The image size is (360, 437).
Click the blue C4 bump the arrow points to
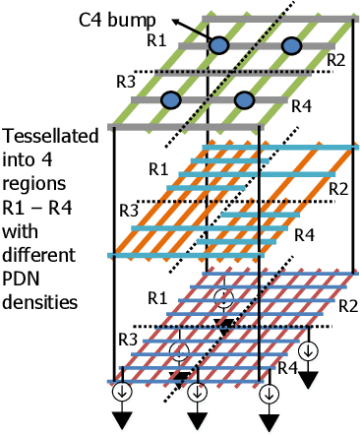(x=219, y=45)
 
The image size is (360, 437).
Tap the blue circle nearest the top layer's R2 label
(x=291, y=45)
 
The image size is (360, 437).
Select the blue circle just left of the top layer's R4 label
(x=244, y=99)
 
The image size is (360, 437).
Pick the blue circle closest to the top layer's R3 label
(x=171, y=99)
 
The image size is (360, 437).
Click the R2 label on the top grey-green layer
(x=336, y=60)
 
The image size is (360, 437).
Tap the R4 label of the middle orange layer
(x=305, y=236)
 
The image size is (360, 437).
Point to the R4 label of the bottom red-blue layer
(x=286, y=368)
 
